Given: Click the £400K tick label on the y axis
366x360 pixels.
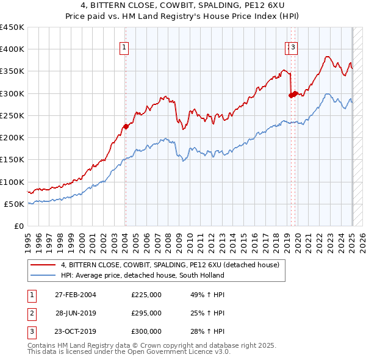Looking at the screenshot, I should [x=12, y=49].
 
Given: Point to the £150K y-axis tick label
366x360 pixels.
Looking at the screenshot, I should [x=12, y=160].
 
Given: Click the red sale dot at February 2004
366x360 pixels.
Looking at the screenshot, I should [x=126, y=127].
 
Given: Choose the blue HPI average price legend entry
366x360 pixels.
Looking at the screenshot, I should [x=142, y=275].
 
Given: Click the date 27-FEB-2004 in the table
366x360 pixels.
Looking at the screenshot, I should [x=76, y=295].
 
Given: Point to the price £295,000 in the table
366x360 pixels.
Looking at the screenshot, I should [x=146, y=313].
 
